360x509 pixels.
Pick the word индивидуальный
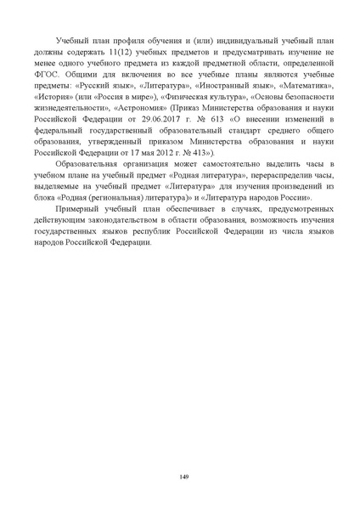click(256, 41)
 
